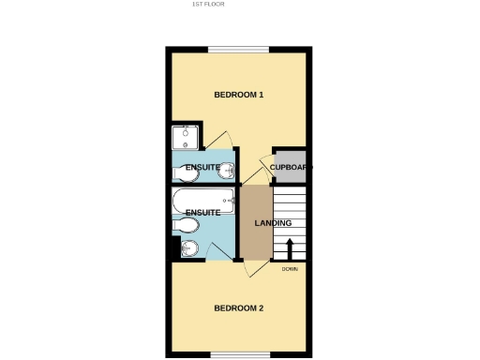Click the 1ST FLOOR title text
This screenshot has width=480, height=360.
point(208,4)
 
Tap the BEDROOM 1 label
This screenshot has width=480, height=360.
point(239,95)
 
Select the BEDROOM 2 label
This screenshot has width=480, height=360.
point(239,308)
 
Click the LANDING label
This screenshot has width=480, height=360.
point(273,223)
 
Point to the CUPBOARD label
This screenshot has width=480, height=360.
point(291,168)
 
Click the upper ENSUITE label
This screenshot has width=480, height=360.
point(202,168)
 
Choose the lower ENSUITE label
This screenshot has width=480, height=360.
point(202,213)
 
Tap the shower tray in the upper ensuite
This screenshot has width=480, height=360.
point(187,139)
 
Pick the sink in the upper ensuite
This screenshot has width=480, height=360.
point(182,171)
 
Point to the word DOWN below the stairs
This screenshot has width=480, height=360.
point(289,270)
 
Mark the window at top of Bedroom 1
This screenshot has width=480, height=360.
point(239,50)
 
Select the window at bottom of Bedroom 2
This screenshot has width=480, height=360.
point(239,353)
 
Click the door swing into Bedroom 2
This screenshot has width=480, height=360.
point(249,268)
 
